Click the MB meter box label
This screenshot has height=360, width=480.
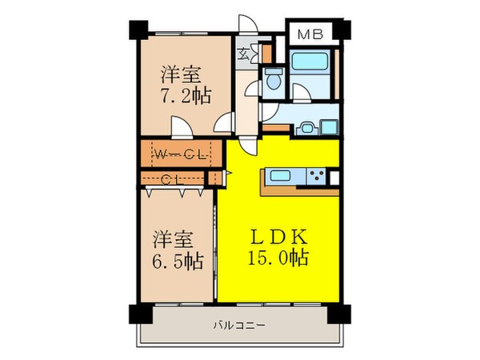click(x=310, y=34)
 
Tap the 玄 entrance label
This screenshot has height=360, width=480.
click(x=244, y=54)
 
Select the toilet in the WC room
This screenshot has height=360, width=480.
click(x=274, y=79)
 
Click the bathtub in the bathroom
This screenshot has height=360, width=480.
click(x=310, y=62)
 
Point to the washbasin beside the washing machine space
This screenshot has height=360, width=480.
click(x=306, y=128)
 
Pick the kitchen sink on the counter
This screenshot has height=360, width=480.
click(x=281, y=176)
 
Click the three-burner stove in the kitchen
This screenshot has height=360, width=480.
click(x=317, y=176)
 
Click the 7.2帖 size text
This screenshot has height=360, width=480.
click(x=186, y=96)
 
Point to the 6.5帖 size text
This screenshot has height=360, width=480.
click(x=178, y=261)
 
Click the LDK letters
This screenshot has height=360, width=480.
click(x=278, y=237)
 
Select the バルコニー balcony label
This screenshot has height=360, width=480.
click(x=239, y=325)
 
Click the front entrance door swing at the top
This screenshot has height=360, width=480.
click(x=248, y=24)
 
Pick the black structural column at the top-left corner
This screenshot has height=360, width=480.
click(x=138, y=30)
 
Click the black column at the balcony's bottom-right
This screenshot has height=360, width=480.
click(x=339, y=314)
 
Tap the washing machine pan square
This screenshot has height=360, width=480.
click(x=329, y=127)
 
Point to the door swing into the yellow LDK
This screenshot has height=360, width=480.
click(x=248, y=146)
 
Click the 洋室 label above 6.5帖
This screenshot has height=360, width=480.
click(x=174, y=240)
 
